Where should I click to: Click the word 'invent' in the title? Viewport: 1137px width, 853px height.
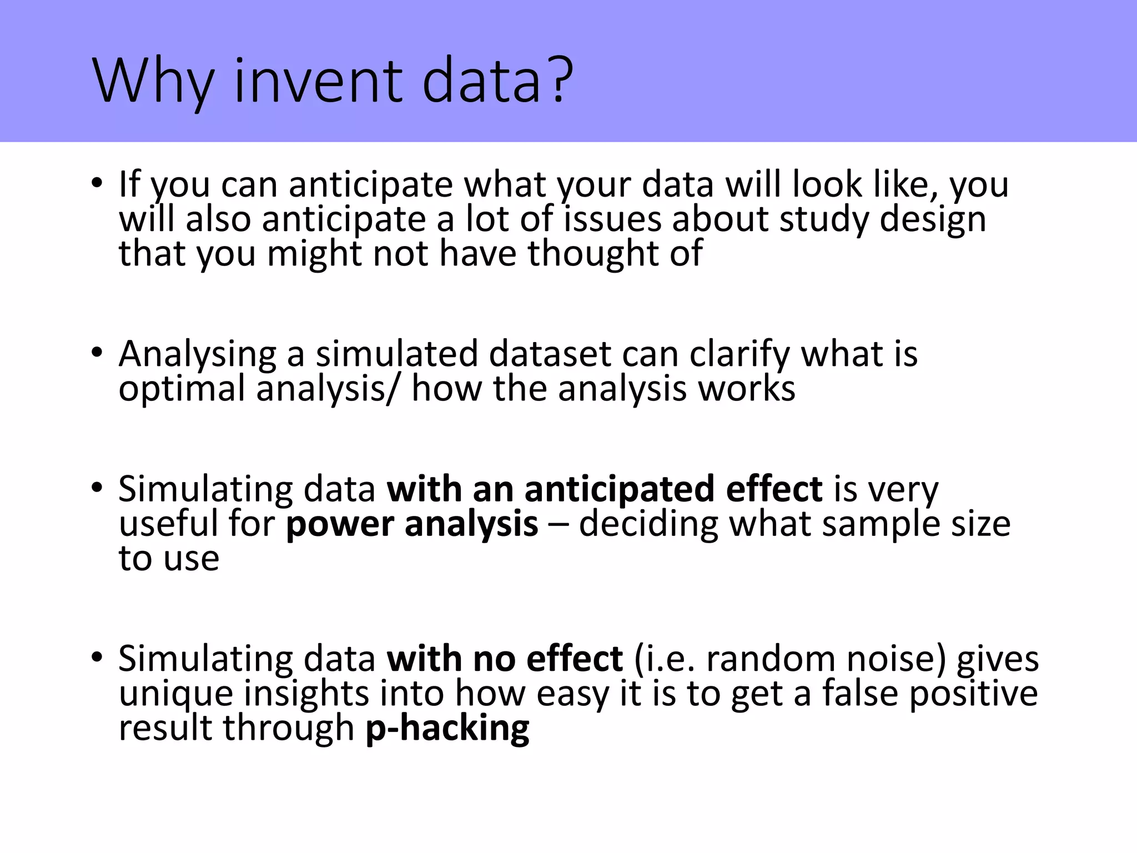[318, 82]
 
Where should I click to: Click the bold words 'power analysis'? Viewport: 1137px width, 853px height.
[412, 524]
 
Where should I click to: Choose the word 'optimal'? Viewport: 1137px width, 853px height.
[182, 389]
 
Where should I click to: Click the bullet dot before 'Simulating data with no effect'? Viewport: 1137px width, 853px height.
[97, 658]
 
